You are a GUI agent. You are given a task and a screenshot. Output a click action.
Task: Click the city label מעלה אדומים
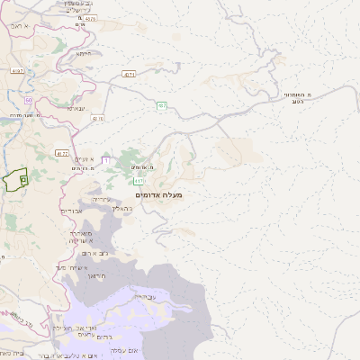158,194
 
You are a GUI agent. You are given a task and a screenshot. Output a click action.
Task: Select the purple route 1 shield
105,160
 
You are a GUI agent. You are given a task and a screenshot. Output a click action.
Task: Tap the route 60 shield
30,100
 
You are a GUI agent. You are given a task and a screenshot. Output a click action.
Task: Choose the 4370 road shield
98,118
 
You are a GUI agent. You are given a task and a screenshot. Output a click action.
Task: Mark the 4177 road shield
60,154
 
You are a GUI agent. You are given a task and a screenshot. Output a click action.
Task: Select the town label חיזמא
84,53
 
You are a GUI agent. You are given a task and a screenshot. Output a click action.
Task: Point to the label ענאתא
76,108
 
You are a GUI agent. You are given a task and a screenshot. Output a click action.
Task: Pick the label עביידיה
143,296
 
